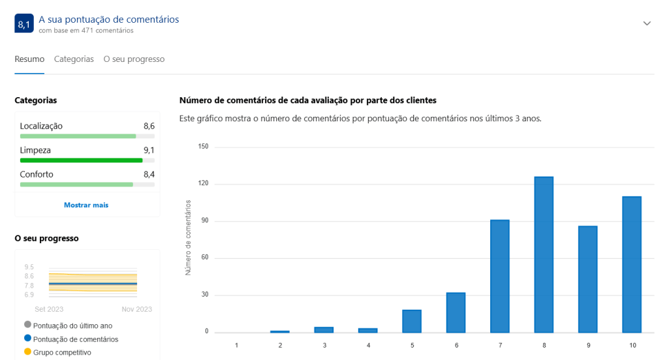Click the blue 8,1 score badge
tap(24, 23)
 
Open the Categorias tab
tap(74, 59)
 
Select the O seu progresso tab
tap(134, 59)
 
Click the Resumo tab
tap(29, 59)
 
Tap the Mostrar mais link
tap(86, 205)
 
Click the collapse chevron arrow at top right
tap(647, 23)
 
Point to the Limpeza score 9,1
tap(149, 150)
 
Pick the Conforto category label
tap(37, 174)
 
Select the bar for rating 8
tap(544, 254)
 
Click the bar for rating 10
tap(632, 264)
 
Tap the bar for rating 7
tap(500, 276)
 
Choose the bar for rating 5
tap(412, 321)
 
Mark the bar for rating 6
tap(456, 312)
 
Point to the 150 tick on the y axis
tap(203, 147)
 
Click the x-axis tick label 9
tap(587, 344)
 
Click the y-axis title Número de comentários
tap(188, 238)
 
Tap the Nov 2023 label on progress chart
tap(136, 309)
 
